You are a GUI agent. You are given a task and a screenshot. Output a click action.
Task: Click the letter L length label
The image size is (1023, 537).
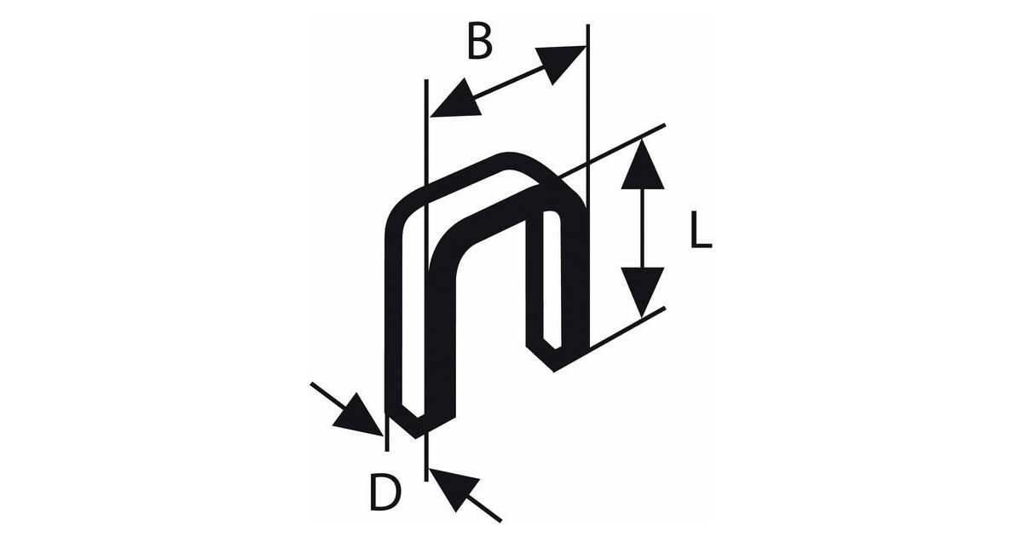700,232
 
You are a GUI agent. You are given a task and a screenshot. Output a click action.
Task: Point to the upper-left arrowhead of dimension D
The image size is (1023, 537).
358,415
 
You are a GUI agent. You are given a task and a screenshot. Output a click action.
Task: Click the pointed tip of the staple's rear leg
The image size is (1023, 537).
555,365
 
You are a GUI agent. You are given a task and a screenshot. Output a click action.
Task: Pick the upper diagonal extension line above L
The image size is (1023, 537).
627,145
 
